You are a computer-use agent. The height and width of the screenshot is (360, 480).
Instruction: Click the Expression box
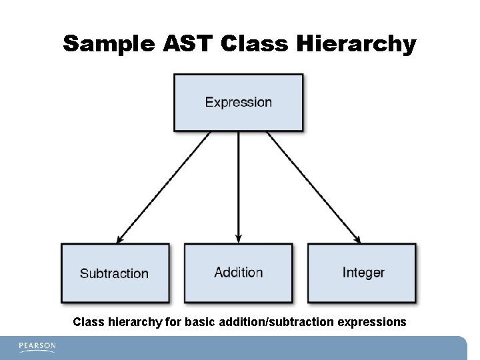238,102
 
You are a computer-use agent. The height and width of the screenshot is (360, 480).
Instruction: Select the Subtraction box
115,273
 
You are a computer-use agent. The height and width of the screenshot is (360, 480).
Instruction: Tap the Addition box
238,272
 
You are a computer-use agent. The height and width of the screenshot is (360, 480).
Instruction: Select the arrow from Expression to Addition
238,187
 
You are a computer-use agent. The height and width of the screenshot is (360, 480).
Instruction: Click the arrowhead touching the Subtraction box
120,238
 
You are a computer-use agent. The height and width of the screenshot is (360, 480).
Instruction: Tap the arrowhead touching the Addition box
238,238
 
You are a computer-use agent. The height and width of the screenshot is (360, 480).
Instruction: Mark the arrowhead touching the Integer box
357,238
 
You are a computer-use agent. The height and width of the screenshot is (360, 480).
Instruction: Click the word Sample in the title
109,45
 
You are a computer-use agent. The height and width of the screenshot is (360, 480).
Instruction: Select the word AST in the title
189,45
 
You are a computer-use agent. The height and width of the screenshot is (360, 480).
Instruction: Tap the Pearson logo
37,347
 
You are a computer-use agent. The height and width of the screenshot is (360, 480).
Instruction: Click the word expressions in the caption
372,322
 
